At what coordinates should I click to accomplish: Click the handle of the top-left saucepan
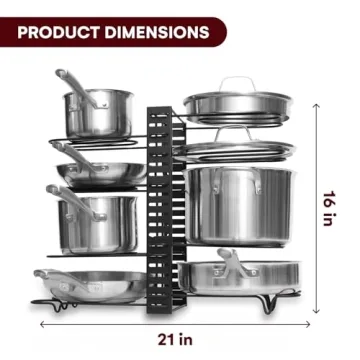tap(73, 84)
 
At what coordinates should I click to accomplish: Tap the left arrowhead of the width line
tap(43, 323)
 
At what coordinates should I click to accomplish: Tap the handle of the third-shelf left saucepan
tap(60, 195)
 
